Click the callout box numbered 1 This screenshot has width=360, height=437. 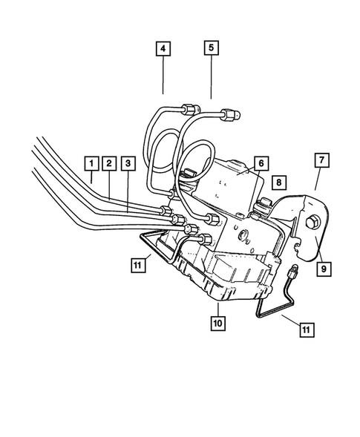[91, 162]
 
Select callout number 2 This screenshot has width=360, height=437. [108, 162]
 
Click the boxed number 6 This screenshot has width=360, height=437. [261, 162]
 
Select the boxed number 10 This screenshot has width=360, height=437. [217, 323]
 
